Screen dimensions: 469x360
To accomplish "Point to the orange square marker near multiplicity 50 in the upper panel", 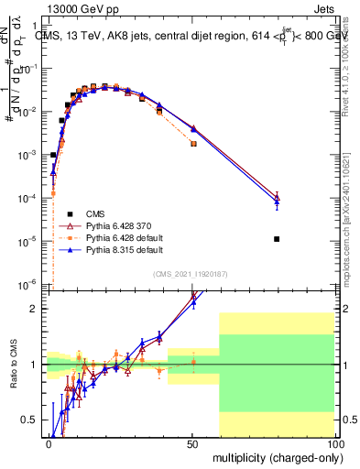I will (x=192, y=144).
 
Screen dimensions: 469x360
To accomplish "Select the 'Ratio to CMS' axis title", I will (x=14, y=364).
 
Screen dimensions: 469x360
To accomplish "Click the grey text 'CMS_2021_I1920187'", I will (x=191, y=274).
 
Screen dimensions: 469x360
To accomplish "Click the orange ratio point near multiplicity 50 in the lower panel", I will (x=192, y=362).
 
